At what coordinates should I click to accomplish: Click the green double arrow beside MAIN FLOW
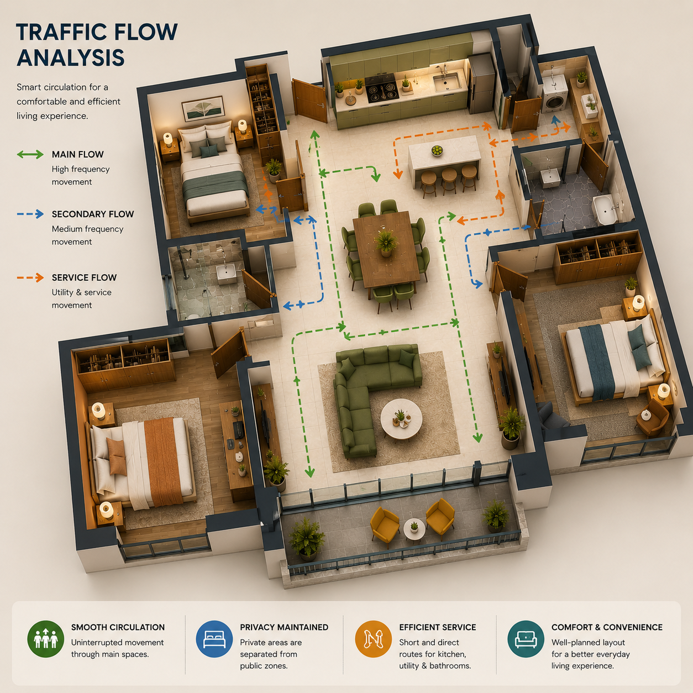click(30, 155)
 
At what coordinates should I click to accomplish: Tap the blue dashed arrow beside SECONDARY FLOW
click(30, 214)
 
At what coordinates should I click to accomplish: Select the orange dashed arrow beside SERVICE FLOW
click(30, 277)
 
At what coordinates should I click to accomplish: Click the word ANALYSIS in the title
click(71, 57)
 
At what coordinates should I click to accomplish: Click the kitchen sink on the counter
click(447, 82)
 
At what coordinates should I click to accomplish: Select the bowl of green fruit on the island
click(437, 150)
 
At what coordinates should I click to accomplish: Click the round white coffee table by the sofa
click(401, 419)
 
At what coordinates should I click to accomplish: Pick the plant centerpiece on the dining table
click(386, 242)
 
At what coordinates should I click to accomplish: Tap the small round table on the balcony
click(414, 528)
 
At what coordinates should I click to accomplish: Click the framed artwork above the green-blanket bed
click(203, 108)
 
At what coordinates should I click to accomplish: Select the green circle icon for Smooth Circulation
click(46, 639)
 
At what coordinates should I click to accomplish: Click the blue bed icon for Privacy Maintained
click(214, 639)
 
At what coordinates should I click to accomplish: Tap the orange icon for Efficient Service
click(373, 639)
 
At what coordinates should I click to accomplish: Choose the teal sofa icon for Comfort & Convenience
click(526, 639)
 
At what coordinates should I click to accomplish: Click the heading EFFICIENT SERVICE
click(437, 627)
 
